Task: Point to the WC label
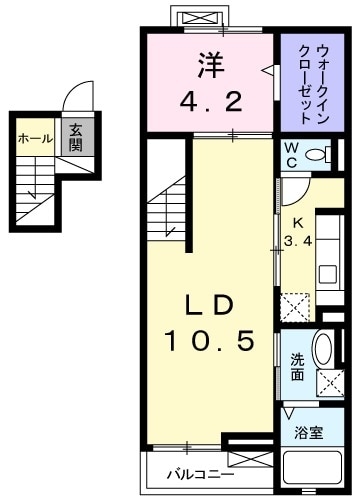pos(290,156)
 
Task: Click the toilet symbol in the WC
pos(318,155)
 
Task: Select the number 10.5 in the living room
pos(211,343)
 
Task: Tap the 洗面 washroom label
pos(297,367)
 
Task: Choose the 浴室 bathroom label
pos(309,433)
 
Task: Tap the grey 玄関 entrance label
pos(75,138)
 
